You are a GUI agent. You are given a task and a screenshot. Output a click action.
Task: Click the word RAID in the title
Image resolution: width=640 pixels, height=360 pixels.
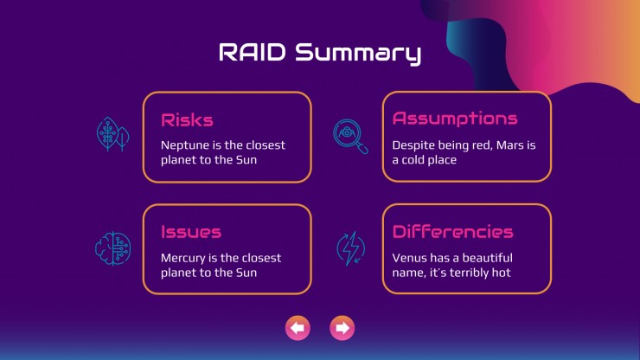[x=253, y=52]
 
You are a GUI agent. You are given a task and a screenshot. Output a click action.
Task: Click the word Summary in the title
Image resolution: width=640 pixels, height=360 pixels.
[x=358, y=54]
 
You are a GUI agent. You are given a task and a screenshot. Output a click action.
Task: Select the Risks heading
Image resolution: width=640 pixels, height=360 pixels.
[x=187, y=120]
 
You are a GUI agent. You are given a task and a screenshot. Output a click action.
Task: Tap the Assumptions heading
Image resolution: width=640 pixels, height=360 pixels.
[x=455, y=119]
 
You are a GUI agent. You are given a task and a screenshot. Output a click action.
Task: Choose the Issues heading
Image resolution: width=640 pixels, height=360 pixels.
[x=191, y=232]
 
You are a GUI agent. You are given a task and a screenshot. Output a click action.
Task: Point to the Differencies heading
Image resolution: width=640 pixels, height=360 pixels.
[x=452, y=232]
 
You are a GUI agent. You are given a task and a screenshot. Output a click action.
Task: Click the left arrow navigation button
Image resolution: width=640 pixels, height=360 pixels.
[x=298, y=328]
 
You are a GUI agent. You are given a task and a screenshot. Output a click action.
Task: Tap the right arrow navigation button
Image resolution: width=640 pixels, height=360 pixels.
[x=342, y=328]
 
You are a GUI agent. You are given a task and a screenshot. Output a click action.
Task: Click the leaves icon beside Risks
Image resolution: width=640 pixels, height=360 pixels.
[x=113, y=134]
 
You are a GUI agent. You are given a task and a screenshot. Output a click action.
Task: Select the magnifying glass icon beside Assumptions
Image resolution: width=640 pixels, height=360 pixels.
[x=350, y=137]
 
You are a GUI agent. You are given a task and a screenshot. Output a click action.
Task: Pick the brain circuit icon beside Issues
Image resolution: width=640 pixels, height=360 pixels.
[x=113, y=248]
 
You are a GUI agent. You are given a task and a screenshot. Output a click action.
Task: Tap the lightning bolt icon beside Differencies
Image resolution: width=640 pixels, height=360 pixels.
[x=350, y=249]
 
